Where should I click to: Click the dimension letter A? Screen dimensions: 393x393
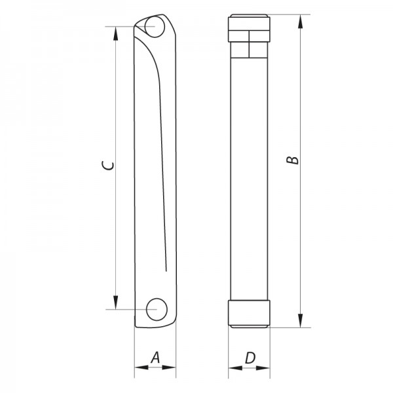coord(155,357)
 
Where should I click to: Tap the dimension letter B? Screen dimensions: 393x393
coord(294,159)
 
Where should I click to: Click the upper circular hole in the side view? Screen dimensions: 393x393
coord(155,28)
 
